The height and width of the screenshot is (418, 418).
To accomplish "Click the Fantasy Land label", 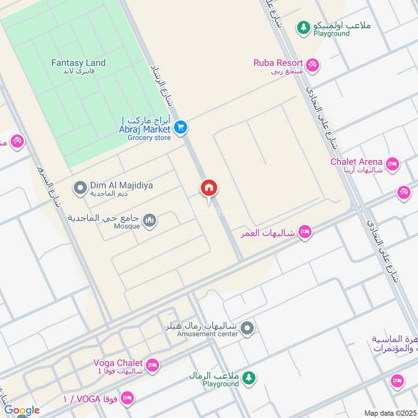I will pos(78,63).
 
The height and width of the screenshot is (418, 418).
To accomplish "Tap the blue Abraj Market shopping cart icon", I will pos(181,127).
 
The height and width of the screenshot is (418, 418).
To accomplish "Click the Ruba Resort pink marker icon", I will pos(313,65).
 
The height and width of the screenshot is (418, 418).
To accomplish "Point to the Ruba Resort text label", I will pos(278,63).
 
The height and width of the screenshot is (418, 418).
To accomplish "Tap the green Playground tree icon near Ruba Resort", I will pos(303,28).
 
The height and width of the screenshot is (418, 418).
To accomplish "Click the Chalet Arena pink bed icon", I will pos(393,165).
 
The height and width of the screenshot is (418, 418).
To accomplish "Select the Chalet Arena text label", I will pos(356,162).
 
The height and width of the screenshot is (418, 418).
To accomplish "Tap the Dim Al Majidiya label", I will pos(121,185).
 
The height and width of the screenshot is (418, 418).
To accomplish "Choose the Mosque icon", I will pos(150,221).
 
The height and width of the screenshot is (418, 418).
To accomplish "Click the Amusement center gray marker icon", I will pos(248,329).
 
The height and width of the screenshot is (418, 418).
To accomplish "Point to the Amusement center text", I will pos(207,334).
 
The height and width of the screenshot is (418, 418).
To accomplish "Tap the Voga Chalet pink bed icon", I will pos(153,365).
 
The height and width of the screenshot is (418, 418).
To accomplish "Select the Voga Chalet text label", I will pos(118,363).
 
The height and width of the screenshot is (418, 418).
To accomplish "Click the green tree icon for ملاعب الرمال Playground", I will pos(249,378).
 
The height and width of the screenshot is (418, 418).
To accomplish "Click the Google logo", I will pos(22,410).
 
